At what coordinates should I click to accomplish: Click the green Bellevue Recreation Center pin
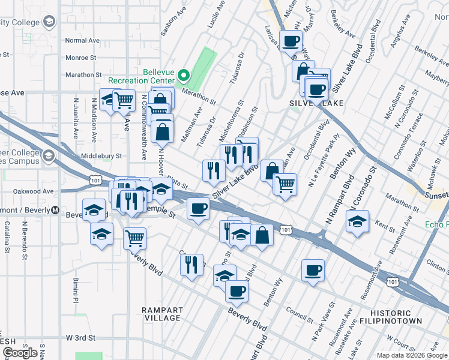tap(184, 76)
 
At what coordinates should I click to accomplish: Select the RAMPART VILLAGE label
tap(162, 314)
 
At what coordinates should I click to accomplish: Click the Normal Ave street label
tap(82, 40)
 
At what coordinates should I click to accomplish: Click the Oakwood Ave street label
tap(34, 191)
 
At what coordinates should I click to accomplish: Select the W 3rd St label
tap(80, 338)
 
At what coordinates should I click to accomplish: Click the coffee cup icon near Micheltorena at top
tap(291, 41)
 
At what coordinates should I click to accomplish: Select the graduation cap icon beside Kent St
tap(357, 221)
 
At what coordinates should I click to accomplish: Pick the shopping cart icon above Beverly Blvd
tap(135, 238)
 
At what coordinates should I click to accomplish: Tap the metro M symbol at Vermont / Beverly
tap(55, 210)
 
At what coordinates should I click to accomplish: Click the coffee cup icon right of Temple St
tap(198, 209)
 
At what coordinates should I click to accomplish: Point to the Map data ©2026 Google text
tap(412, 355)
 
